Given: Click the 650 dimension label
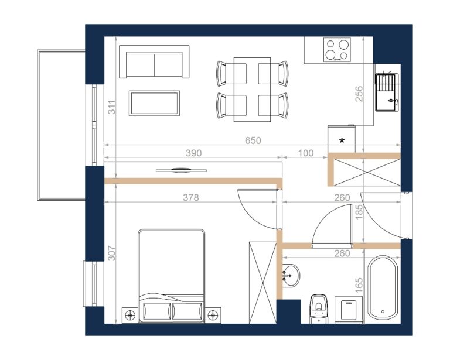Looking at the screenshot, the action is (x=253, y=140).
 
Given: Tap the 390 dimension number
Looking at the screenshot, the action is (x=194, y=153).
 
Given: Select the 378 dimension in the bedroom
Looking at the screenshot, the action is (x=191, y=197).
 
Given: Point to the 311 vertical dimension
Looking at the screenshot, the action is (x=112, y=107).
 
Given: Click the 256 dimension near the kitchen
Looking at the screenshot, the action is (x=359, y=94).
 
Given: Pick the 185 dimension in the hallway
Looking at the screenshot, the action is (x=359, y=211).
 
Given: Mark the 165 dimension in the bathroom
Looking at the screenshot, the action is (x=359, y=285).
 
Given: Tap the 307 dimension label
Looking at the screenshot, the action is (x=112, y=253).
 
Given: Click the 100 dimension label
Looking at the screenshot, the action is (x=306, y=153).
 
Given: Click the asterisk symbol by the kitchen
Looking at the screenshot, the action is (x=342, y=140).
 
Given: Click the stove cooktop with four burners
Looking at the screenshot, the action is (x=337, y=50).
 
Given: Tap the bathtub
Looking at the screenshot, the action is (x=383, y=287).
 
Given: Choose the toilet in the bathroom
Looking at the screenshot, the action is (x=319, y=308).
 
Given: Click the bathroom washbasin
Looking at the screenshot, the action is (x=291, y=276).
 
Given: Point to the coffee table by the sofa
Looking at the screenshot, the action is (x=155, y=103).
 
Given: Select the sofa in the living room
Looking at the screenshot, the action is (x=155, y=61).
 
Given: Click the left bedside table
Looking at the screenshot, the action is (x=130, y=316).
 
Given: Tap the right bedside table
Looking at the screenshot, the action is (x=213, y=316).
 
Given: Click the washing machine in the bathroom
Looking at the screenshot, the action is (x=349, y=310).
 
